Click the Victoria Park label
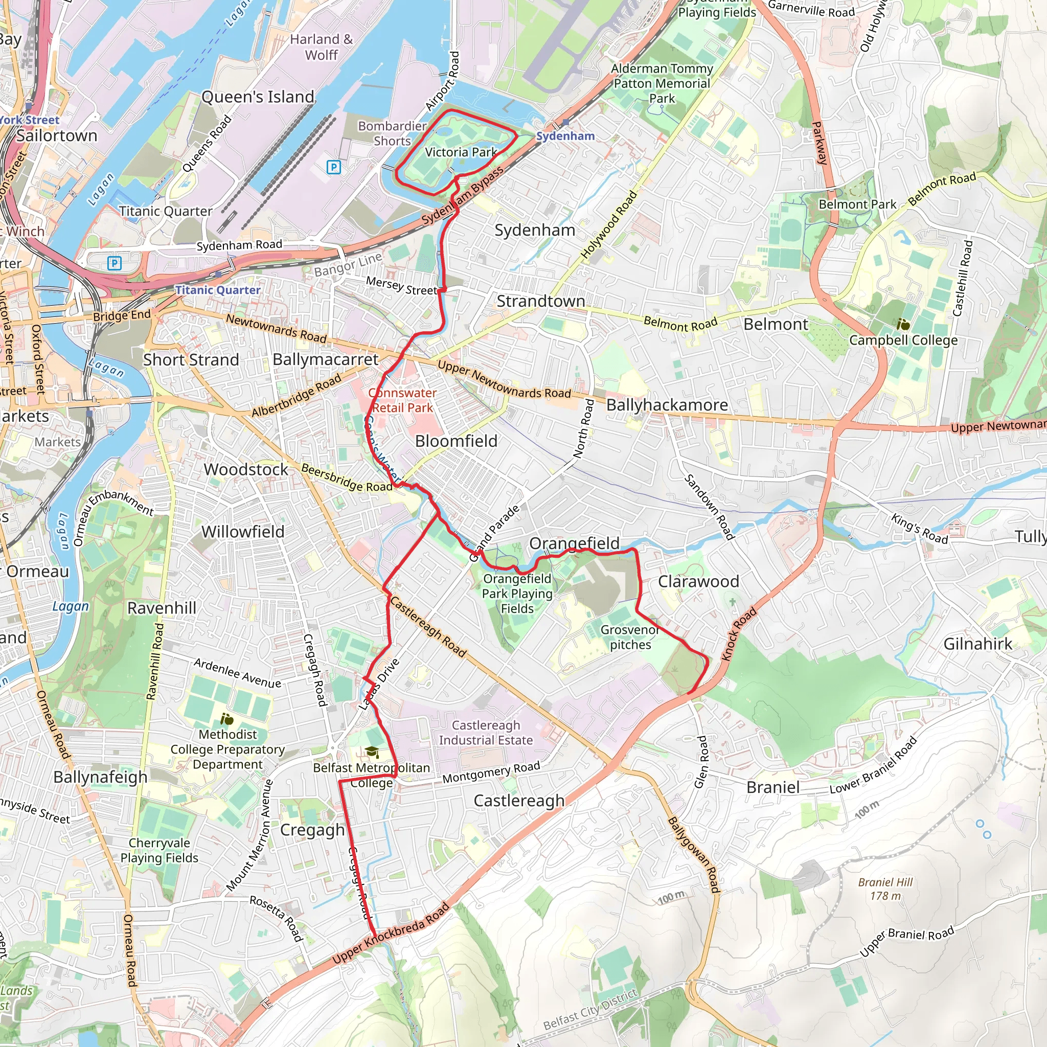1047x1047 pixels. click(461, 152)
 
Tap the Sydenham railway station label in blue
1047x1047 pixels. click(565, 136)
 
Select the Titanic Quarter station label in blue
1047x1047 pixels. click(217, 290)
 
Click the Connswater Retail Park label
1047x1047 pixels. click(403, 400)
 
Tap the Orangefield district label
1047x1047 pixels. click(574, 543)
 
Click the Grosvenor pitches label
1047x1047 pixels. click(630, 638)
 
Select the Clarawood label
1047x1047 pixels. click(698, 581)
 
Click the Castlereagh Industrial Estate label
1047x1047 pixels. click(486, 733)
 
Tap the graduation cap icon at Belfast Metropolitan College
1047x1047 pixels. click(371, 752)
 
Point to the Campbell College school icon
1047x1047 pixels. click(903, 325)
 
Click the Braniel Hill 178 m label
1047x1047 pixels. click(885, 889)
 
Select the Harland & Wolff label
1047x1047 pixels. click(322, 47)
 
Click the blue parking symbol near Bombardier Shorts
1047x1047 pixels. click(334, 167)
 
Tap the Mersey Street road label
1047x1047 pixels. click(401, 286)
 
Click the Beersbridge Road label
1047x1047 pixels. click(346, 477)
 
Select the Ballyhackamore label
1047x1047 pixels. click(667, 405)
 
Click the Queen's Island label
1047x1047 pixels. click(258, 97)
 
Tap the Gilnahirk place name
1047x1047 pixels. click(977, 644)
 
